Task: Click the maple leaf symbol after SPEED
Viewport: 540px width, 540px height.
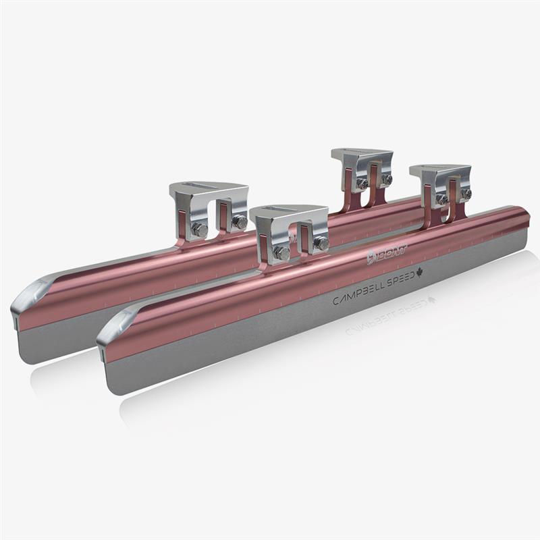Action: click(x=420, y=273)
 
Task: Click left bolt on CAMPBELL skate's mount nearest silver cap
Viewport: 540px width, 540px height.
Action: click(x=281, y=252)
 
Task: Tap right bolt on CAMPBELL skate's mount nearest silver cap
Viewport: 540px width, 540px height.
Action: click(x=321, y=242)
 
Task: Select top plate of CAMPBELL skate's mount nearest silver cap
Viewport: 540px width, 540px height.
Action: click(x=287, y=215)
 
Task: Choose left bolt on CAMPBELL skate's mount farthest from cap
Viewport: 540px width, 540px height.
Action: click(x=441, y=199)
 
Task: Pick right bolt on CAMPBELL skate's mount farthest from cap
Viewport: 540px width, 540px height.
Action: click(x=466, y=193)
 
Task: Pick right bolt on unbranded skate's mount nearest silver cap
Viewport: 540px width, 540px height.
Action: click(x=239, y=221)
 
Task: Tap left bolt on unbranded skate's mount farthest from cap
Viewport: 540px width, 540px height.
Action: click(x=362, y=183)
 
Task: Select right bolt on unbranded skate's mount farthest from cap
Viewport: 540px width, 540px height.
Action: click(x=386, y=179)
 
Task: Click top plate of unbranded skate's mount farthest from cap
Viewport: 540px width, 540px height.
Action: click(x=361, y=155)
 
